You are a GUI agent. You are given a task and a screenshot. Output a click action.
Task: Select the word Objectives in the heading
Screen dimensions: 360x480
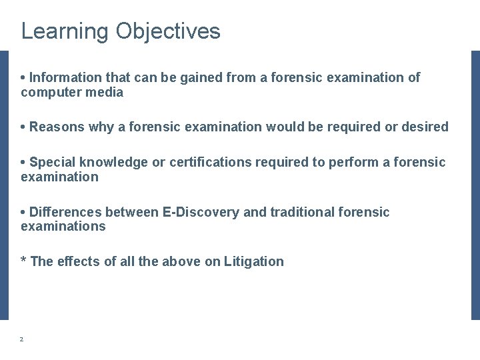coord(167,31)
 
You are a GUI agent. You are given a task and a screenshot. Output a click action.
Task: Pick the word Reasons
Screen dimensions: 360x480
coord(57,127)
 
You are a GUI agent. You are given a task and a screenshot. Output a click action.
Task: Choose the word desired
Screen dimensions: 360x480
coord(425,127)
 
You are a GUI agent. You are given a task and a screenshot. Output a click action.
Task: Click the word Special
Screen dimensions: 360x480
coord(53,162)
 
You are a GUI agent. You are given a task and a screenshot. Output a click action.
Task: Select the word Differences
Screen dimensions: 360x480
coord(66,212)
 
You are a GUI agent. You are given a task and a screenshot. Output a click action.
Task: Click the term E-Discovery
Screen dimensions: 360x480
coord(201,212)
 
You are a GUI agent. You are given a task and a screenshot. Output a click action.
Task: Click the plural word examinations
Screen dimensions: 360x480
coord(63,227)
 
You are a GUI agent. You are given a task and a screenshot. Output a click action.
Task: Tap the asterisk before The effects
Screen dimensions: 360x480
coord(24,261)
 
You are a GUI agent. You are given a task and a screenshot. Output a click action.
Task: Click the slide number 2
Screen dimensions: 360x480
coord(21,339)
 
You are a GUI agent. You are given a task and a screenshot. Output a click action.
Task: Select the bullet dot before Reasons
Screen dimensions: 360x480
coord(24,127)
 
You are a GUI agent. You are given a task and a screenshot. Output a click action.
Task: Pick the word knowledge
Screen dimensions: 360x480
coord(110,162)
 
